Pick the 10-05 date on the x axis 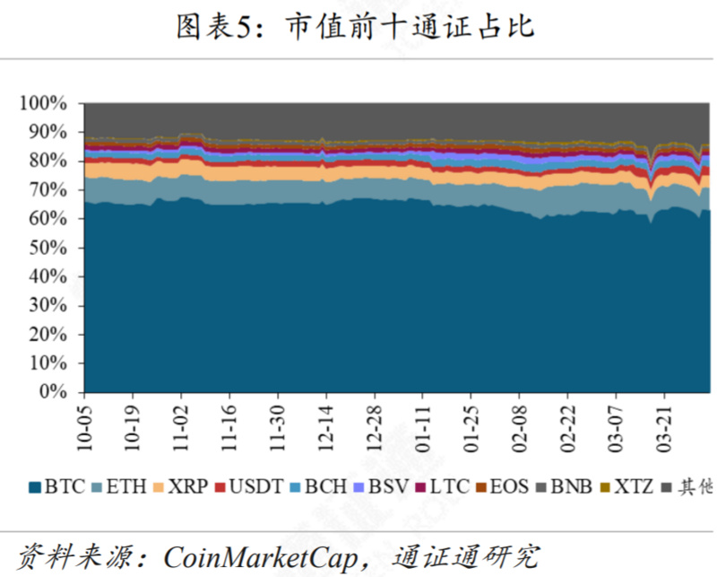tap(83, 426)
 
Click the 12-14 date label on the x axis tap(325, 426)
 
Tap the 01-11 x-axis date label tap(422, 426)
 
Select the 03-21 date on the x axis tap(664, 426)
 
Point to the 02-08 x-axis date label tap(519, 426)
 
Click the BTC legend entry tap(57, 487)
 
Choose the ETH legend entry tap(120, 487)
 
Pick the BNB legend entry tap(564, 487)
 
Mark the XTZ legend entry tap(627, 487)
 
